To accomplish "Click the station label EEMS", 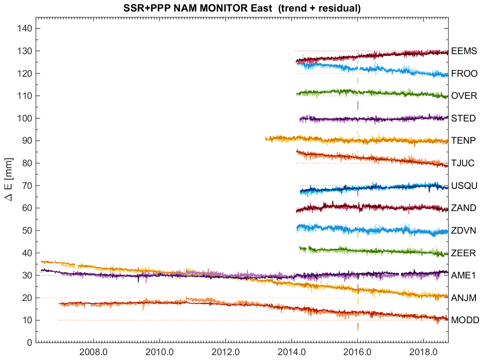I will coord(463,51).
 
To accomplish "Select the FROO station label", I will coord(463,74).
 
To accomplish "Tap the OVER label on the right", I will coord(464,96).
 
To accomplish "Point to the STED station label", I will coord(463,118).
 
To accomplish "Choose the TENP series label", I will coord(463,141).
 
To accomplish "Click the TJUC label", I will coord(463,163).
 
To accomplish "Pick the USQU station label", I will coord(464,186).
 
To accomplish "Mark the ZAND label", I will coord(463,208).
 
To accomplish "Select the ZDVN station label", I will coord(463,231).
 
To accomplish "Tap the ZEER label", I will coord(463,253).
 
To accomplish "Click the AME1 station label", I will coord(463,275).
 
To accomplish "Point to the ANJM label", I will coord(463,298).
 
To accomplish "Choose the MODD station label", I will coord(464,320).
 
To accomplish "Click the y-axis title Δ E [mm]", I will coord(9,185).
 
